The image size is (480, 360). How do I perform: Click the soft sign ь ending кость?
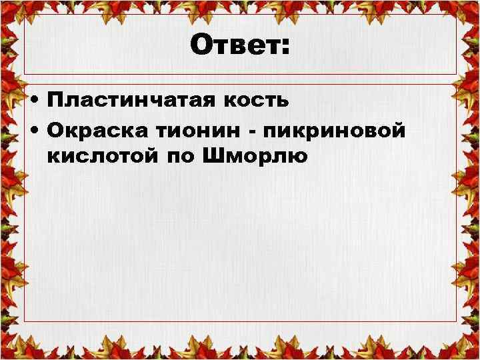click(x=283, y=101)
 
